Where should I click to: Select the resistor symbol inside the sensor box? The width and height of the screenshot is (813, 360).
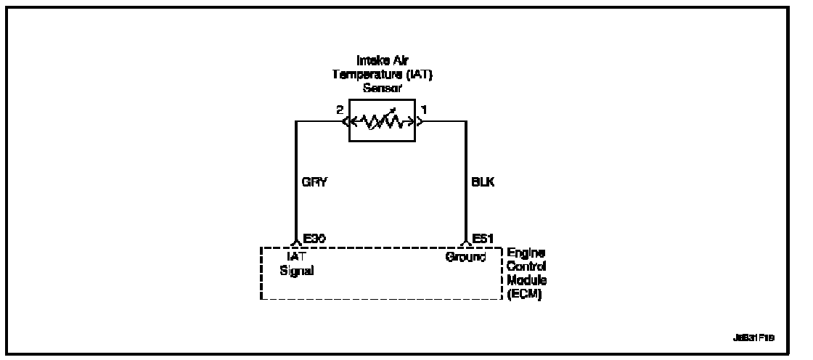pyautogui.click(x=382, y=120)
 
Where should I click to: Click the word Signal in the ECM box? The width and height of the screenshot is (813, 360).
pyautogui.click(x=295, y=270)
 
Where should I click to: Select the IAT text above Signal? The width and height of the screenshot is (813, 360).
pyautogui.click(x=296, y=256)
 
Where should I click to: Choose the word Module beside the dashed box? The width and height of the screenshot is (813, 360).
pyautogui.click(x=524, y=279)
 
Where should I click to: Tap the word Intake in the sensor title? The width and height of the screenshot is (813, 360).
pyautogui.click(x=365, y=62)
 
